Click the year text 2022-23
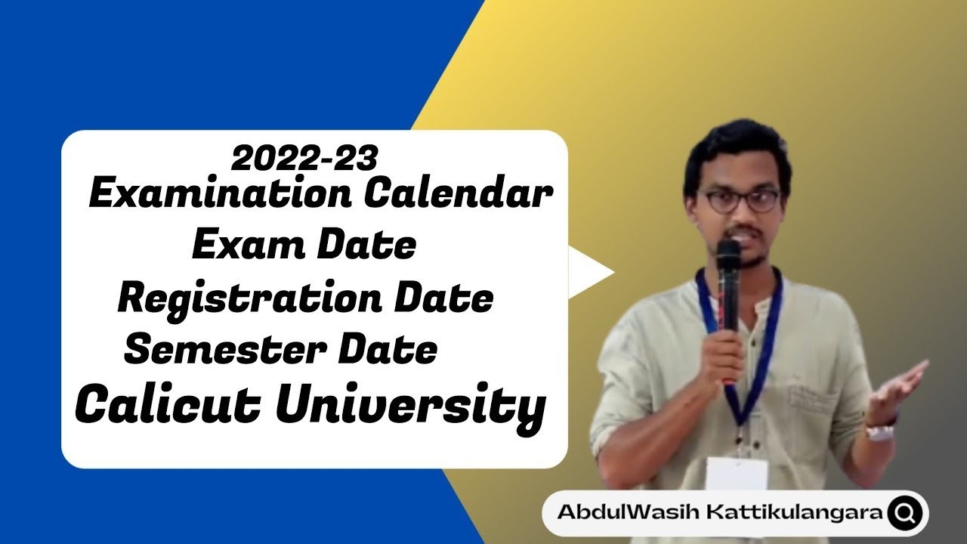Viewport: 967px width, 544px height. [x=304, y=159]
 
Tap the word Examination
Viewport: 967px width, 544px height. [x=219, y=195]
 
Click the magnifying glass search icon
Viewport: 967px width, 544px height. [x=904, y=513]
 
